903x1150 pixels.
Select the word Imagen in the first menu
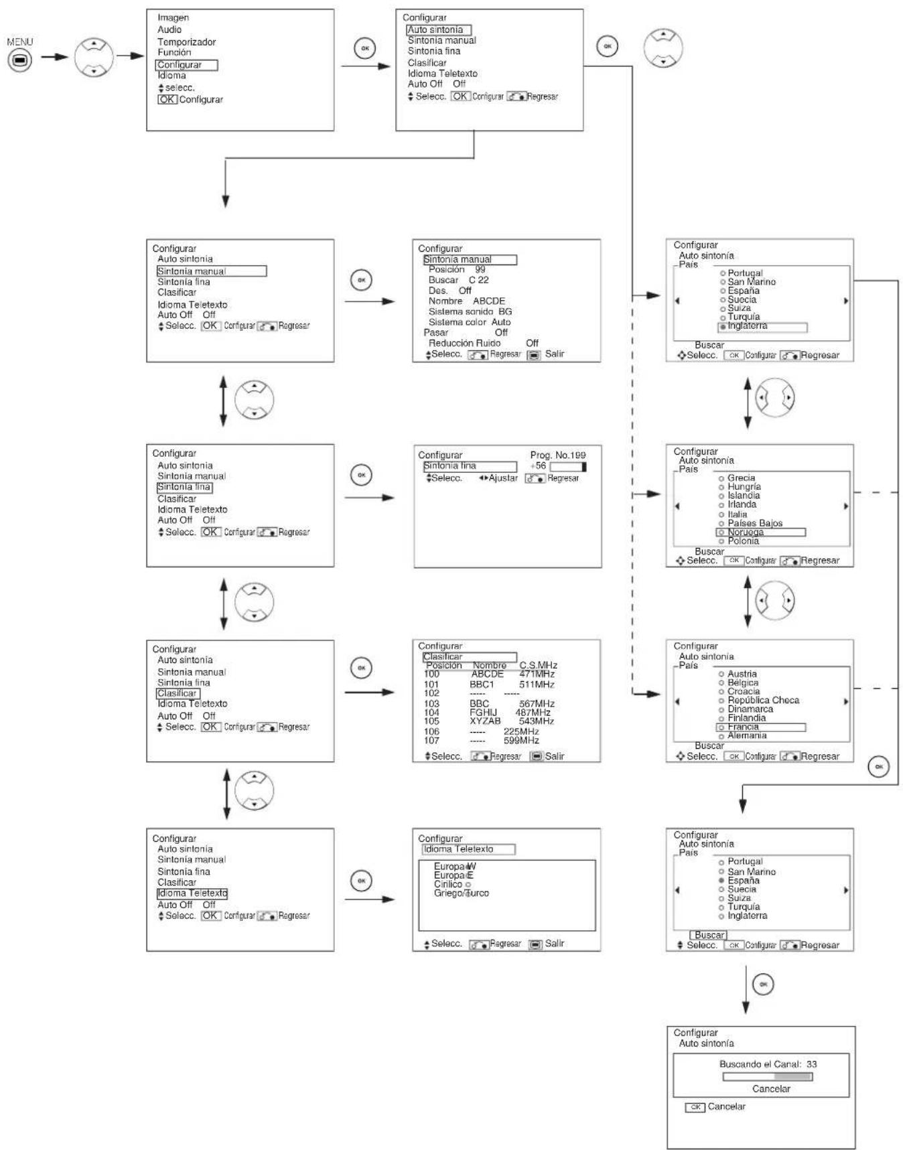click(x=173, y=17)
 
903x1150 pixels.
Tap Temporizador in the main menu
click(x=186, y=42)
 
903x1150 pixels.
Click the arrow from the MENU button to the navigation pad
click(x=54, y=57)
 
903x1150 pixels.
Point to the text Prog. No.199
click(x=557, y=455)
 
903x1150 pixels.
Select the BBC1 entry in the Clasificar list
click(x=481, y=685)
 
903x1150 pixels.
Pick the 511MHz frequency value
click(x=537, y=685)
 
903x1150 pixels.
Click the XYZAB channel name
click(x=485, y=721)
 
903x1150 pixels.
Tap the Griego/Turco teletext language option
click(x=461, y=893)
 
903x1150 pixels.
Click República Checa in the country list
click(x=763, y=700)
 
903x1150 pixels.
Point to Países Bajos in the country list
click(x=755, y=523)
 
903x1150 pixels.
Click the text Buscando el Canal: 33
click(x=768, y=1064)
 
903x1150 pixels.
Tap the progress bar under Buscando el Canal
click(x=767, y=1077)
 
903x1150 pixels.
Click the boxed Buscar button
click(x=709, y=935)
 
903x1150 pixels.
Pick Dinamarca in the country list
click(x=750, y=709)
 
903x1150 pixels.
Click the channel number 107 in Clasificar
click(x=431, y=741)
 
